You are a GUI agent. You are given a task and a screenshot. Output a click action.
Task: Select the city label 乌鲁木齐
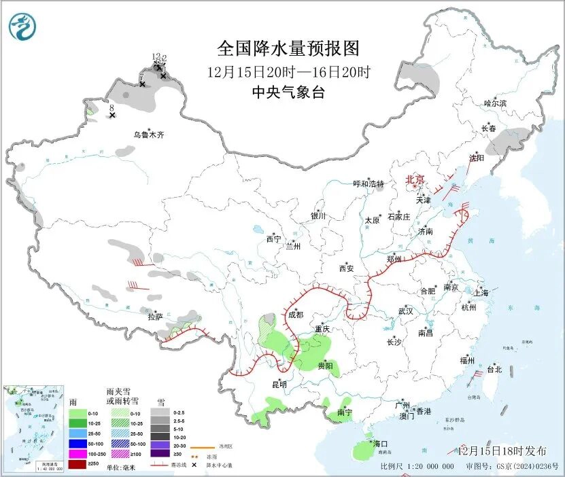point(148,135)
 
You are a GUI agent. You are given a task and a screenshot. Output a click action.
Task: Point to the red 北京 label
point(415,179)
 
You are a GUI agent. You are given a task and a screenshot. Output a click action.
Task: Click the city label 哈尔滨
point(495,103)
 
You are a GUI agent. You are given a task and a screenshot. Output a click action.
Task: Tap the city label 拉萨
point(155,317)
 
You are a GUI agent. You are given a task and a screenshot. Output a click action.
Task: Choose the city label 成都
point(296,315)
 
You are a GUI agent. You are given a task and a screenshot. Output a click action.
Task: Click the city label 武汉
point(406,311)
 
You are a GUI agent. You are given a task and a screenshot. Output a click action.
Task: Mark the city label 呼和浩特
point(369,184)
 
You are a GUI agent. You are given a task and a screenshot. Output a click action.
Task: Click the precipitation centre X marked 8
point(112,116)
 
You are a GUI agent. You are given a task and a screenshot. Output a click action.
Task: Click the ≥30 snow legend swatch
point(160,454)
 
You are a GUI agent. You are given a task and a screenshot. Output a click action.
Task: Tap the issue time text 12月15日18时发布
point(502,450)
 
